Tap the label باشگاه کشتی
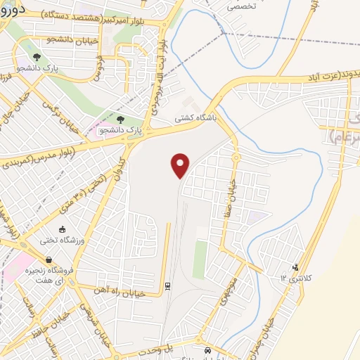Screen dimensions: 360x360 click(198, 120)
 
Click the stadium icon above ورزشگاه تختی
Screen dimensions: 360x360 click(62, 229)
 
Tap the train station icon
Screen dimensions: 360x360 click(168, 285)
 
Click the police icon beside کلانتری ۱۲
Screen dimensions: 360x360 click(295, 267)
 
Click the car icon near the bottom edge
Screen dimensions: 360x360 click(207, 350)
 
